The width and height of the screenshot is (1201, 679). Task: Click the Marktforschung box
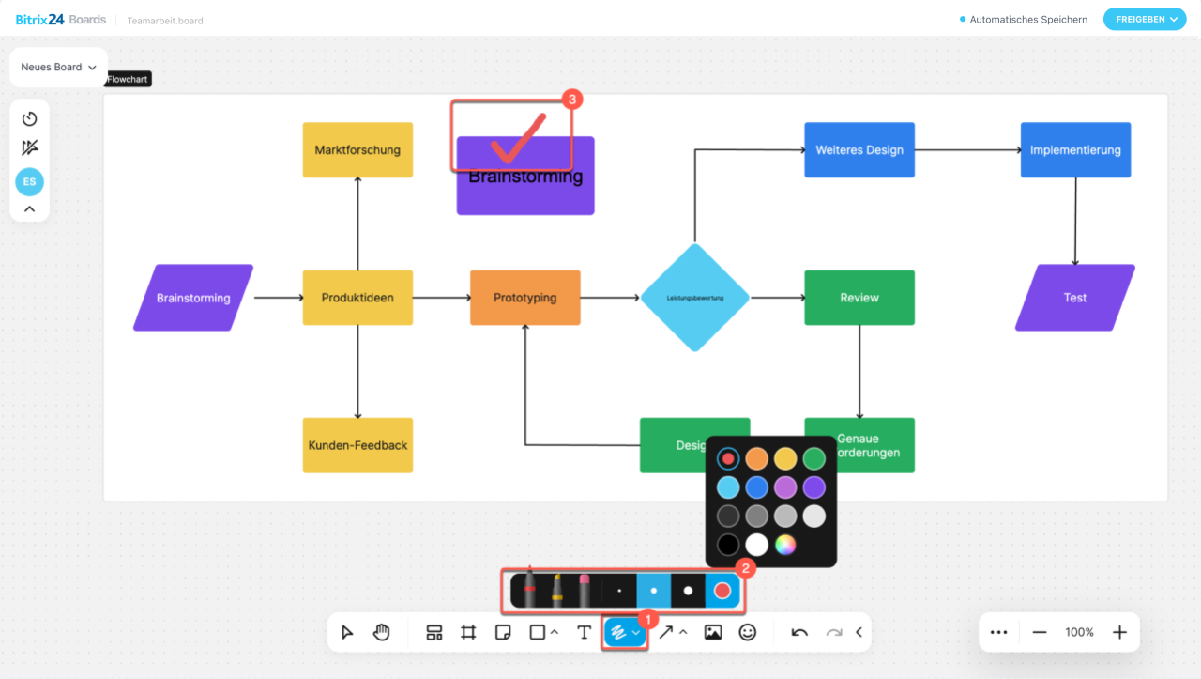[x=357, y=149]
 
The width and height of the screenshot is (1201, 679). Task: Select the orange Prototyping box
[x=524, y=298]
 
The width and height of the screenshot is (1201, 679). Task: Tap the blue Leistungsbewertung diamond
[x=694, y=298]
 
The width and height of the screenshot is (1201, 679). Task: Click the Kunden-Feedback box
[x=357, y=445]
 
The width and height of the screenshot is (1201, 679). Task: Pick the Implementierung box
[x=1075, y=149]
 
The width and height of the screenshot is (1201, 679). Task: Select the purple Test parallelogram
[x=1074, y=298]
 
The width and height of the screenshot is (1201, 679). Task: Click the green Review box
[x=859, y=298]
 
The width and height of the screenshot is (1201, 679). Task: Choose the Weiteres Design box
[x=859, y=149]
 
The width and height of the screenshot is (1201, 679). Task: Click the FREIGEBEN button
[x=1145, y=19]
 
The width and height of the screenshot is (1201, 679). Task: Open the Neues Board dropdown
[x=58, y=68]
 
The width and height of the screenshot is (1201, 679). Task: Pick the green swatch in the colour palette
[x=814, y=458]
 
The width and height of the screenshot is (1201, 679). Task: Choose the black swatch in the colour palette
[x=728, y=545]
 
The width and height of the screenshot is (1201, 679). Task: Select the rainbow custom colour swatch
[x=785, y=545]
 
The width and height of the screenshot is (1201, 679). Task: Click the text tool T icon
[x=584, y=632]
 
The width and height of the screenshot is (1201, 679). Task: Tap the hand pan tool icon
[x=381, y=632]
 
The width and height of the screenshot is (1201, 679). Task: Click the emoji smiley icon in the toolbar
[x=747, y=632]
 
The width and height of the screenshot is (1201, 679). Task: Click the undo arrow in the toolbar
[x=799, y=632]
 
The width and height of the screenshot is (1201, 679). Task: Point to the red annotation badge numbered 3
[x=571, y=99]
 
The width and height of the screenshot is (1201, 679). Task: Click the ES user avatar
[x=29, y=182]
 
